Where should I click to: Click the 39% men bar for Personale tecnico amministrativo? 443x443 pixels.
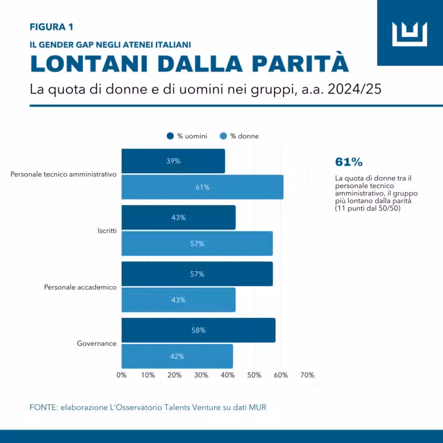point(173,161)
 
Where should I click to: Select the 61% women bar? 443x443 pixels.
point(202,187)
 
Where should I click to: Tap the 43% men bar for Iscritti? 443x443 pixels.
point(178,217)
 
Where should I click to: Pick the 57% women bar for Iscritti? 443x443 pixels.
point(197,243)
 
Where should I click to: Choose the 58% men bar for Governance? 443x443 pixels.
point(198,331)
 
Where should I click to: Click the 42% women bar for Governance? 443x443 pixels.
point(177,356)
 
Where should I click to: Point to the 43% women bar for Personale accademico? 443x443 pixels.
point(178,300)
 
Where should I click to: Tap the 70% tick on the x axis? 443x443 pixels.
point(307,375)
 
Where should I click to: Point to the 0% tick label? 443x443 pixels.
point(122,375)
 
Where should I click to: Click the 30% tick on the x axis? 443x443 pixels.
point(201,375)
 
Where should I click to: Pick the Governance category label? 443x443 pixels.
point(96,344)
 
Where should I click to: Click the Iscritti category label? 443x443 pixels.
point(107,231)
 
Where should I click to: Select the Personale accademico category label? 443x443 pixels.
point(80,287)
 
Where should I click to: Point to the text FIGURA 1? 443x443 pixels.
point(51,27)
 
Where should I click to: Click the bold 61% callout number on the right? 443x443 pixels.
point(348,162)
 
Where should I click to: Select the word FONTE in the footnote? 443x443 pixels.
point(43,407)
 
